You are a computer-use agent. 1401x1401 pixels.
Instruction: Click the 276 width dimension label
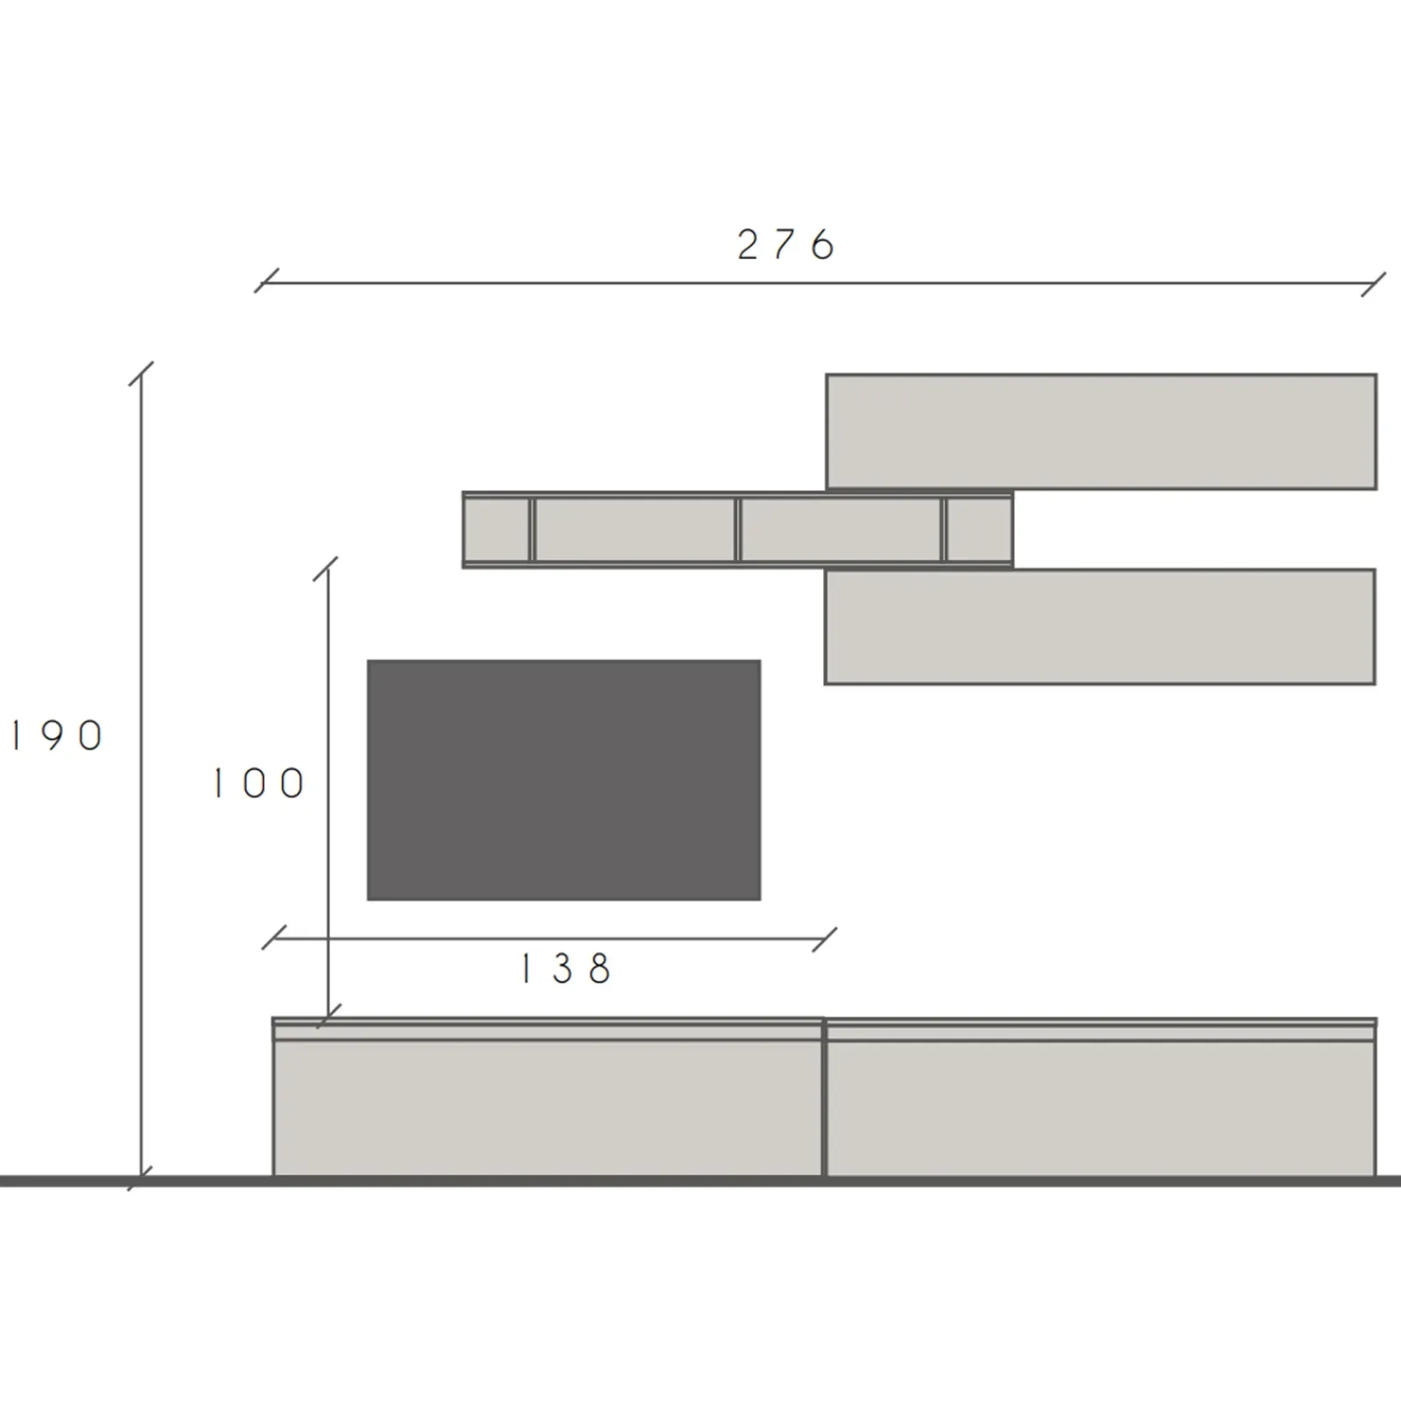pos(786,245)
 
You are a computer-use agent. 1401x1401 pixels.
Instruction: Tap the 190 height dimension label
pos(56,736)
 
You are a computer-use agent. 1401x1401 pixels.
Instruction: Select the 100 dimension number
pos(258,784)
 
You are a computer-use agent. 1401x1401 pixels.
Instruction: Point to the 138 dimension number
pos(566,968)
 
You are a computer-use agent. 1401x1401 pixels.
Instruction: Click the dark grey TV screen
pos(564,780)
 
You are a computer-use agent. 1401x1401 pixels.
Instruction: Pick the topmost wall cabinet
pos(1102,432)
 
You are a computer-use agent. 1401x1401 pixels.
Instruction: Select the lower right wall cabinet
pos(1100,627)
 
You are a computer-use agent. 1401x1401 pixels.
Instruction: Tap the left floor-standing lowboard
pos(549,1097)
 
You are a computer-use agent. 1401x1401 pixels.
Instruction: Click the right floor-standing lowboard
pos(1102,1097)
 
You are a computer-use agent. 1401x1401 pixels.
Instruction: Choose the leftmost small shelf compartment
pos(497,530)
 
